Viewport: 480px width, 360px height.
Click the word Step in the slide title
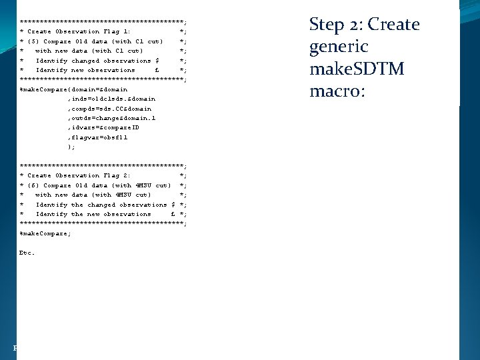click(327, 25)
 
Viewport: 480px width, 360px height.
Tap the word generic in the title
click(339, 47)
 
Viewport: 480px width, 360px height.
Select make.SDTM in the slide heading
click(357, 69)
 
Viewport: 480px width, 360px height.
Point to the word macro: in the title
click(337, 91)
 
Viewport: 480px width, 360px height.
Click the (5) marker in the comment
click(33, 41)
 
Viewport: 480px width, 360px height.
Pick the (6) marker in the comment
click(33, 185)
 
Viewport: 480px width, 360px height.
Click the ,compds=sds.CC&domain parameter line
click(109, 109)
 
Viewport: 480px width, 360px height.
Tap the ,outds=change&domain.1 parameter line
click(111, 118)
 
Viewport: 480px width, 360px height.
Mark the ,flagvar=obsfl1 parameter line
click(97, 137)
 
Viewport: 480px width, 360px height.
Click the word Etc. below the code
click(27, 253)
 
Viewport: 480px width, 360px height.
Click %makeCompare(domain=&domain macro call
click(73, 89)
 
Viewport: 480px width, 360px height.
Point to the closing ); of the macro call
click(71, 147)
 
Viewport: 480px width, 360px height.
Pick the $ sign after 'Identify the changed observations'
click(173, 205)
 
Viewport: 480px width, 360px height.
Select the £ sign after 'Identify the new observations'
click(173, 214)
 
